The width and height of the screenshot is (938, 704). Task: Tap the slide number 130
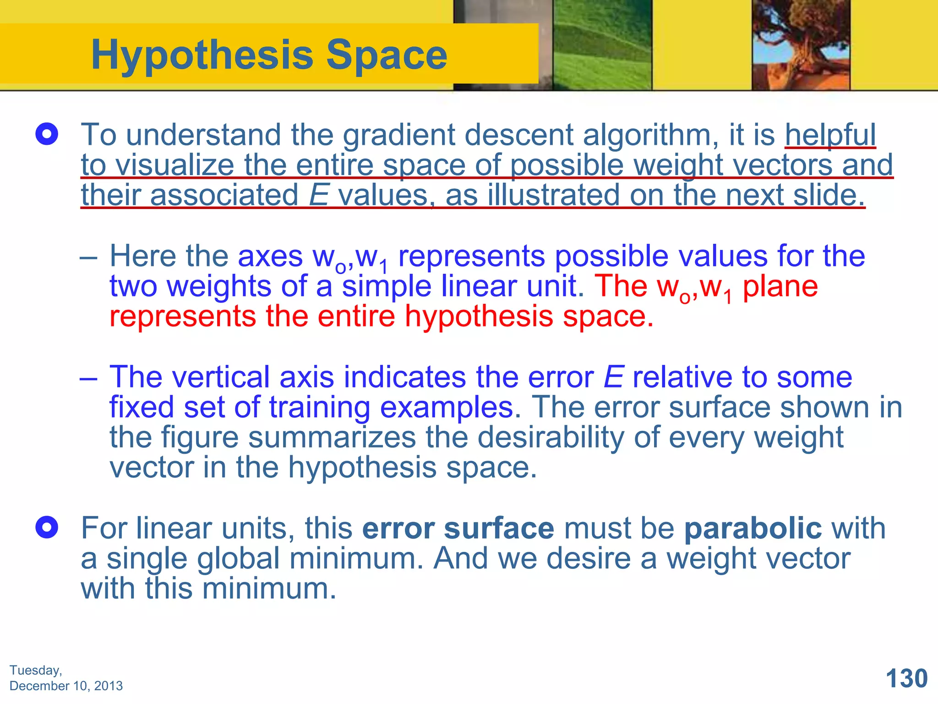(x=906, y=678)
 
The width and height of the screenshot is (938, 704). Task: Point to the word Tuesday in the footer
(x=35, y=670)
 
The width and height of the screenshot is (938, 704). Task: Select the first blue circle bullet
(x=47, y=134)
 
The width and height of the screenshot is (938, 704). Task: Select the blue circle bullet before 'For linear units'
(x=47, y=528)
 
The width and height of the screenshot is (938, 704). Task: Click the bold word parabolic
(x=753, y=528)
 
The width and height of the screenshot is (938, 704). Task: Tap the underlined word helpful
(x=830, y=135)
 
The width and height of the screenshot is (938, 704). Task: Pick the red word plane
(x=780, y=286)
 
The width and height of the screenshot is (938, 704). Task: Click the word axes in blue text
(x=270, y=256)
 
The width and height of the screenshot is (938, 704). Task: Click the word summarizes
(x=332, y=437)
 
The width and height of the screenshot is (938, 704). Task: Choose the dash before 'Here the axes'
(x=88, y=257)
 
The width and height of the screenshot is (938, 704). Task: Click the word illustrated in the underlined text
(x=553, y=195)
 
